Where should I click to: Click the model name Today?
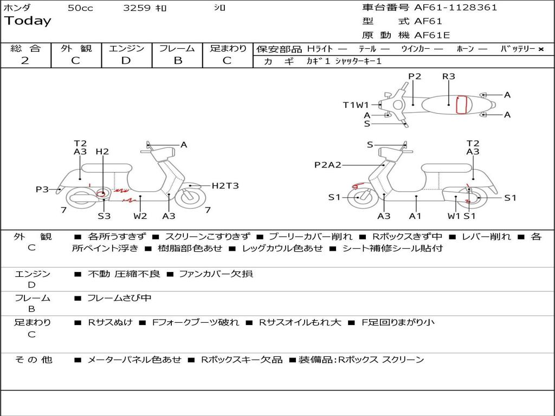tap(28, 21)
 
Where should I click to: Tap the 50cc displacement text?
tap(80, 8)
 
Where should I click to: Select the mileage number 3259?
tap(138, 8)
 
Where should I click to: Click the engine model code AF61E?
tap(432, 36)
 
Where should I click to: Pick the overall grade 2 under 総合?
tap(25, 61)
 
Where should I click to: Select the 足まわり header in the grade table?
tap(228, 49)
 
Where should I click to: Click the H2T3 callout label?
tap(225, 186)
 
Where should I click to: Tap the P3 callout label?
tap(42, 189)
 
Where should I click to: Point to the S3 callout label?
tap(104, 216)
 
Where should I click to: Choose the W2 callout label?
tap(140, 216)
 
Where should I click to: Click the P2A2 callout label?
tap(327, 165)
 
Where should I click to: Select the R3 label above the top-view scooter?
tap(448, 76)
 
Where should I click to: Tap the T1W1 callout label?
tap(356, 105)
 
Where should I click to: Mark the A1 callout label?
tap(416, 216)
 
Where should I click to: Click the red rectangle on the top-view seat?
tap(461, 105)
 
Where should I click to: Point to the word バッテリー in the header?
tap(518, 49)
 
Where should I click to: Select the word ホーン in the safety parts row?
tap(465, 49)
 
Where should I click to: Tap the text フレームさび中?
tap(119, 298)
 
